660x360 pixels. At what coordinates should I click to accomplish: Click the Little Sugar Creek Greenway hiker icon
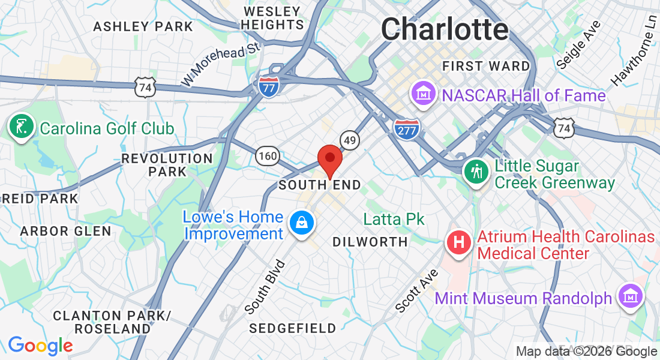[x=476, y=173]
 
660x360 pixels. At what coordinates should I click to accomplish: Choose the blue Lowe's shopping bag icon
[x=299, y=223]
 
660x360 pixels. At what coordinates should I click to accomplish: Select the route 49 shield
[x=350, y=140]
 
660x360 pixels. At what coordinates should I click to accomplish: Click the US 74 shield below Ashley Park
[x=145, y=87]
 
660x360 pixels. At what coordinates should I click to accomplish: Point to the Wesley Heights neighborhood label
[x=274, y=18]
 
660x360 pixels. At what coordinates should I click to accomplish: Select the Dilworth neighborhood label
[x=370, y=242]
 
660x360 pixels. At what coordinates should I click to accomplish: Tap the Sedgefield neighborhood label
[x=293, y=328]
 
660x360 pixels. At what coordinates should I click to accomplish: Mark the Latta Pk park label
[x=394, y=219]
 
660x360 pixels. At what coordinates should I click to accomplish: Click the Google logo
[x=40, y=346]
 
